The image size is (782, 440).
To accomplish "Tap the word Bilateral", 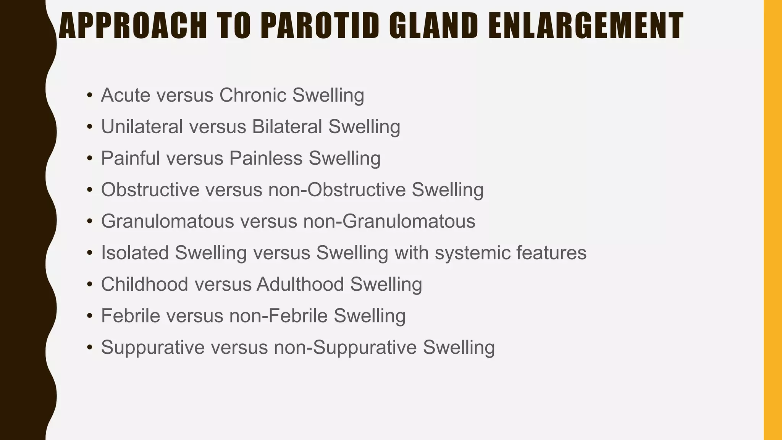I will point(287,127).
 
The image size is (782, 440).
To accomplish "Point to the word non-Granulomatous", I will point(389,221).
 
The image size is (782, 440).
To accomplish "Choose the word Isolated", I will point(135,253).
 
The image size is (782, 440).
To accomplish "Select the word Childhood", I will point(144,285).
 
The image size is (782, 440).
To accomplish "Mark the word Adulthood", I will point(301,285).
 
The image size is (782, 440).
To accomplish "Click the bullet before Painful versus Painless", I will point(90,158).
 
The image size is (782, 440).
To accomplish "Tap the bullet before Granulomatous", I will point(90,221).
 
